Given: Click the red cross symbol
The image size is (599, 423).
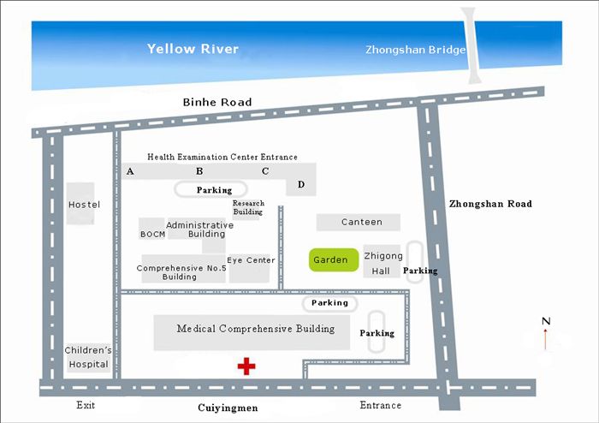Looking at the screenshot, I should coord(246,366).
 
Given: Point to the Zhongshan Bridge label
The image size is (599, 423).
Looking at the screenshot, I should coord(415,50).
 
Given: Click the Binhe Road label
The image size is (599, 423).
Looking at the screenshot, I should coord(217,102).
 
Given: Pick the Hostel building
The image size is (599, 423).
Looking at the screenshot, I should coord(84,205).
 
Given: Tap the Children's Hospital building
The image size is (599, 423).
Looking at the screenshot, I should coord(89,357).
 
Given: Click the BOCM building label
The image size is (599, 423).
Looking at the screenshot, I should coord(151,232).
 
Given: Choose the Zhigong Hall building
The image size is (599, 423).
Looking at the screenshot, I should coord(381,263).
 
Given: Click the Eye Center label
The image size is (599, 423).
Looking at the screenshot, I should coord(251,260).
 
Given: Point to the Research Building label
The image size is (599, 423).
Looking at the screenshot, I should coord(247,207).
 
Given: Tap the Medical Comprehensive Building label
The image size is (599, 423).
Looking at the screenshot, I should coord(256,329).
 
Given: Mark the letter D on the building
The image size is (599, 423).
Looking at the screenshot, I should coord(300,184).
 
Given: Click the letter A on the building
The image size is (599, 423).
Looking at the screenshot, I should coord(130,171).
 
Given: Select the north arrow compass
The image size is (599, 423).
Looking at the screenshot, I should coord(546,333).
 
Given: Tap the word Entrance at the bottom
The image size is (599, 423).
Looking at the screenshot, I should coord(380,405).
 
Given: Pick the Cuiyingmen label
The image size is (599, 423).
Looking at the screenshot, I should coord(228,408).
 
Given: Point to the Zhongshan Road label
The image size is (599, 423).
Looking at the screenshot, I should coord(490,204).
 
